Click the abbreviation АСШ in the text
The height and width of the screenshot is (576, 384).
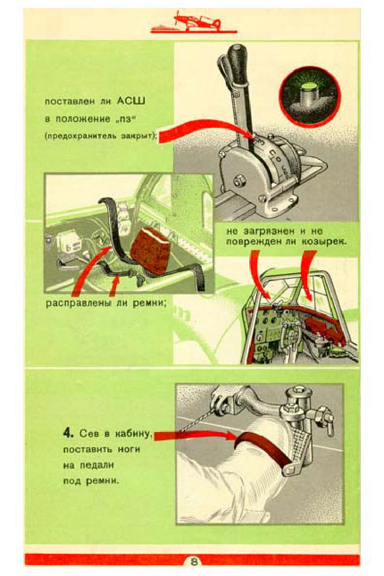click(131, 101)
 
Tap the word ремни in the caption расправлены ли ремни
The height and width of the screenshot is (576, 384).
click(150, 304)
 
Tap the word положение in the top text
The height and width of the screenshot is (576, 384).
click(83, 119)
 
